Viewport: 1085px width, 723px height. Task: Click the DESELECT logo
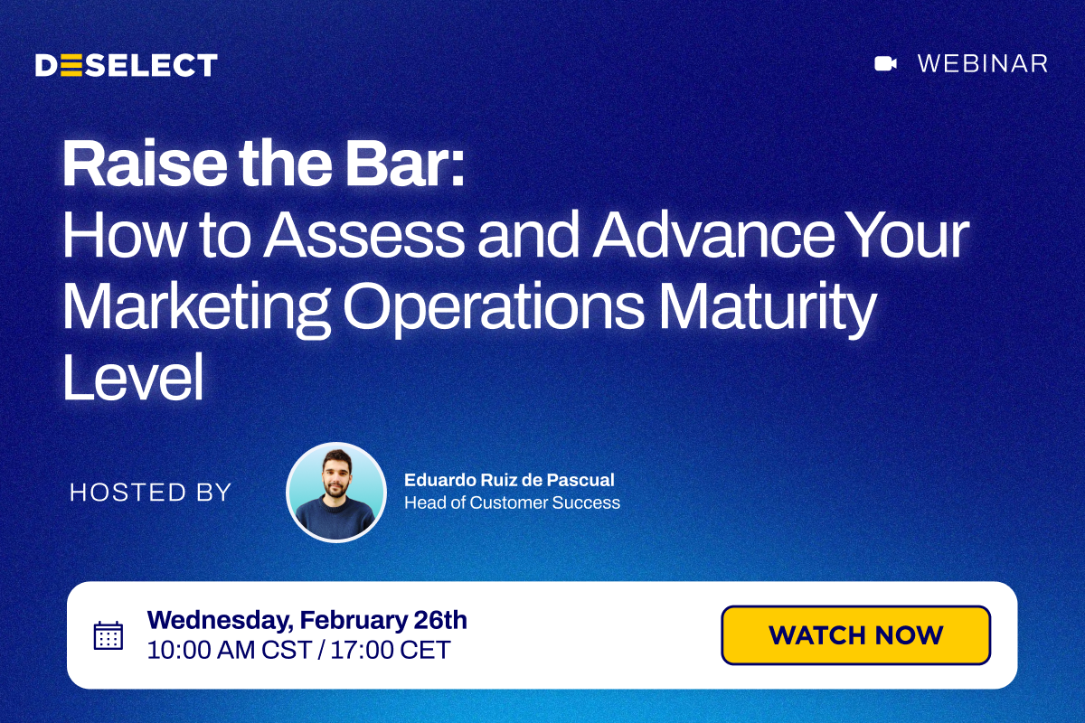tap(127, 65)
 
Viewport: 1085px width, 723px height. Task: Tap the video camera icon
tap(885, 63)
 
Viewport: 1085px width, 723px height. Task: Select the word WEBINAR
tap(983, 63)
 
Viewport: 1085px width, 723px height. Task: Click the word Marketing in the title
tap(195, 307)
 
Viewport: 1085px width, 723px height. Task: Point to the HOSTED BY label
tap(151, 493)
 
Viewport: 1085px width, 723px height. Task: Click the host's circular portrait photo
tap(336, 492)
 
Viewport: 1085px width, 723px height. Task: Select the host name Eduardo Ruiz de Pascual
tap(509, 480)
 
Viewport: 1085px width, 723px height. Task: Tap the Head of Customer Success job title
tap(512, 502)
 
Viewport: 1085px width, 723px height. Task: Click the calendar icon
tap(108, 635)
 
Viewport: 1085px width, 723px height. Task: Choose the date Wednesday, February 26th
tap(307, 620)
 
